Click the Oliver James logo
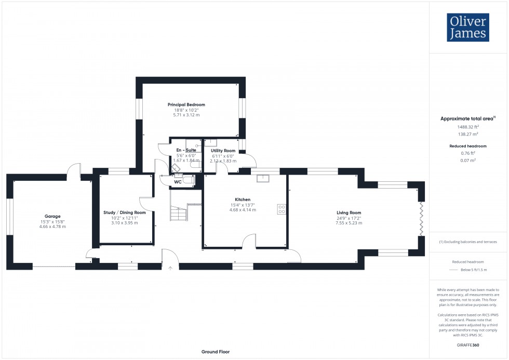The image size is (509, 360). point(467,28)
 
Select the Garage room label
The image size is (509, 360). point(52,216)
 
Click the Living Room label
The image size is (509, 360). point(349,212)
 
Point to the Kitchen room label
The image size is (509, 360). point(243,199)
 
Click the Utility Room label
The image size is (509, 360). point(223,151)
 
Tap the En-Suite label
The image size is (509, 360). point(185,150)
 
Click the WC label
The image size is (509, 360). point(178,182)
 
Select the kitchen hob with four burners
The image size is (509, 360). point(282,209)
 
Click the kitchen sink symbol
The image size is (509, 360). point(263,179)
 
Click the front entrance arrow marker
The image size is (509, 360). point(171,268)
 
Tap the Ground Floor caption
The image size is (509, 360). point(216,352)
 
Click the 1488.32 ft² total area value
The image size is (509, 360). point(468,126)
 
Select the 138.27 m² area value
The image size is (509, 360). point(468,134)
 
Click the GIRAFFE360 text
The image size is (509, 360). point(468,344)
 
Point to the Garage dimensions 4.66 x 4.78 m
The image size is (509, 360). point(52,227)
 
